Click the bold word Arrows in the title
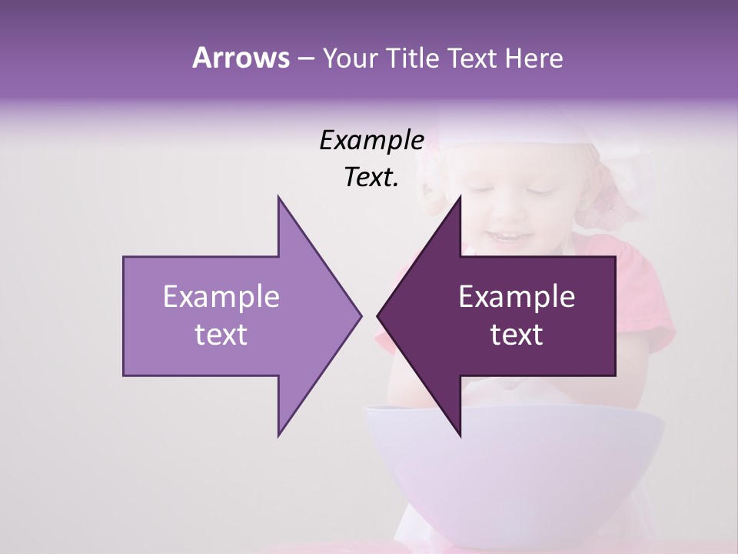coord(240,58)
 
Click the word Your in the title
coord(347,58)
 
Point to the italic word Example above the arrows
coord(371,140)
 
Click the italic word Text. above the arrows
coord(371,178)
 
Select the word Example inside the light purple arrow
coord(221,297)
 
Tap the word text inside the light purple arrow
coord(221,334)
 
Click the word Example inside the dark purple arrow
coord(517,297)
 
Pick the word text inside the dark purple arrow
coord(517,334)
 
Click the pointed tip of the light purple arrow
coord(360,315)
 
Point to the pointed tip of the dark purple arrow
coord(378,315)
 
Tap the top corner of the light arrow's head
coord(278,197)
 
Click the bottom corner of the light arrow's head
coord(278,435)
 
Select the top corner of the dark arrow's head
coord(460,197)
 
